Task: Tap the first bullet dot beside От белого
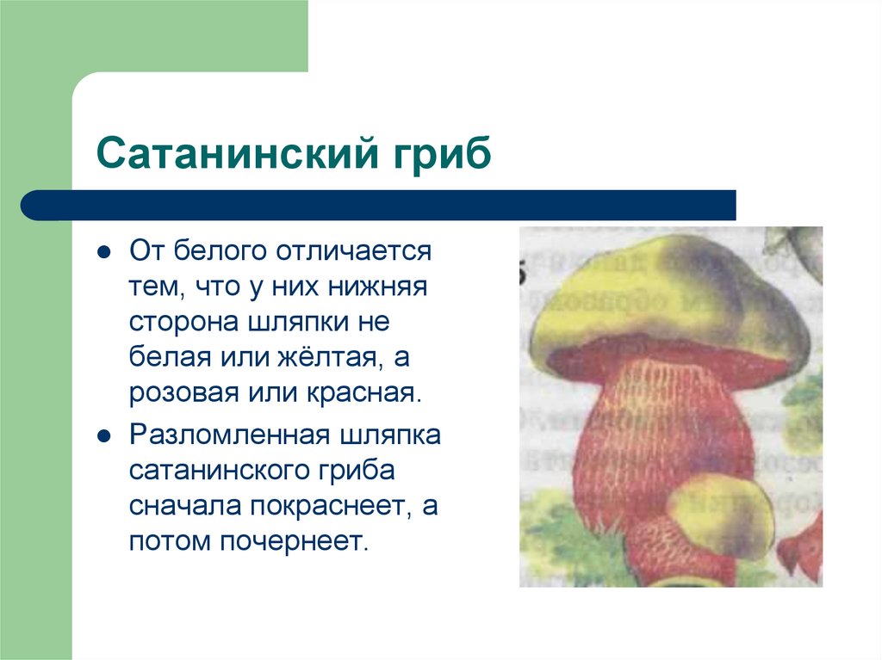pyautogui.click(x=104, y=253)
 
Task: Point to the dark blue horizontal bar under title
pyautogui.click(x=379, y=206)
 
